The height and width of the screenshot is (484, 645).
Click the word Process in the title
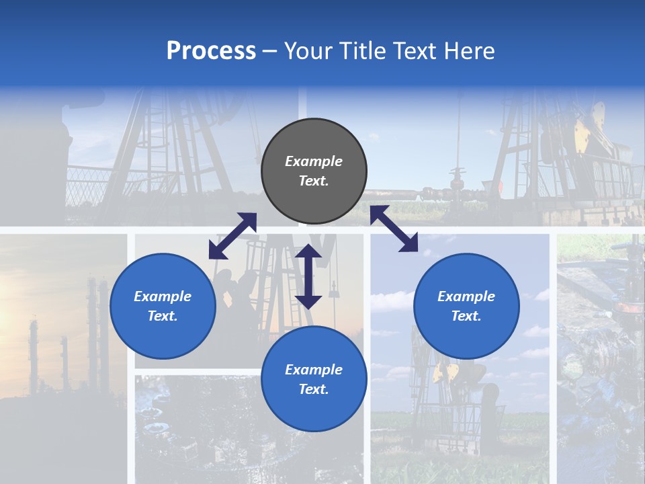(211, 51)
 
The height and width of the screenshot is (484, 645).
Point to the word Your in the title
(309, 51)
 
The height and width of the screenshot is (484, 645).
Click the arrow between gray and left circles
(232, 236)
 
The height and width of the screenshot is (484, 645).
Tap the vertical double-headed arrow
(308, 276)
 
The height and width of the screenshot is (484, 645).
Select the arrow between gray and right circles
(394, 229)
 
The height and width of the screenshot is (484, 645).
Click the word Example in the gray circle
(314, 161)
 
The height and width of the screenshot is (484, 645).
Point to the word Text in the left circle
(163, 316)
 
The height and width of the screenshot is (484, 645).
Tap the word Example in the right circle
(466, 296)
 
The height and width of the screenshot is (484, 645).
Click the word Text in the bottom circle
(314, 389)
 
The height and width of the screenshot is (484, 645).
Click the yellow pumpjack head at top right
(587, 131)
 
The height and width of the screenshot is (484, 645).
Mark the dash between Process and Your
(270, 52)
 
